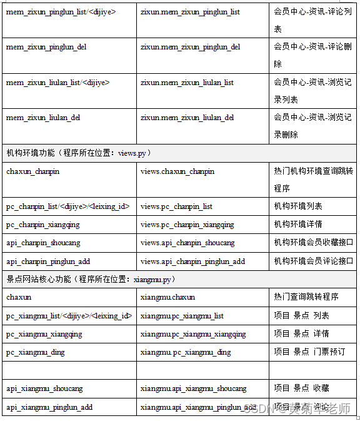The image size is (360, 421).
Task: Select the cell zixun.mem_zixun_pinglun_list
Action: (x=190, y=12)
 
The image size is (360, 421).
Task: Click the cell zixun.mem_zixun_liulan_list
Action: (x=187, y=83)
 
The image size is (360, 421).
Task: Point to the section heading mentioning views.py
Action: (x=79, y=153)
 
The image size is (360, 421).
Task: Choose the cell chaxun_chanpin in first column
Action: (x=33, y=171)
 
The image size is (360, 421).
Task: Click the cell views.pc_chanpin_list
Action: (x=177, y=206)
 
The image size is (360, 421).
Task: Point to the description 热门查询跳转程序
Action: (x=306, y=297)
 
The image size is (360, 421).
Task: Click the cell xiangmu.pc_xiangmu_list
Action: (x=182, y=316)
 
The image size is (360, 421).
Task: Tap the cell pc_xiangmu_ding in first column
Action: (x=36, y=352)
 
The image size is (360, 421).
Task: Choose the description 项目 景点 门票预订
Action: (x=309, y=352)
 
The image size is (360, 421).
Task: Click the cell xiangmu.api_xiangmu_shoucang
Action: (x=194, y=388)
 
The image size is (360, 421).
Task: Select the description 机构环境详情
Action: (x=298, y=225)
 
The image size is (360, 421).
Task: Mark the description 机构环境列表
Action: (x=298, y=206)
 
